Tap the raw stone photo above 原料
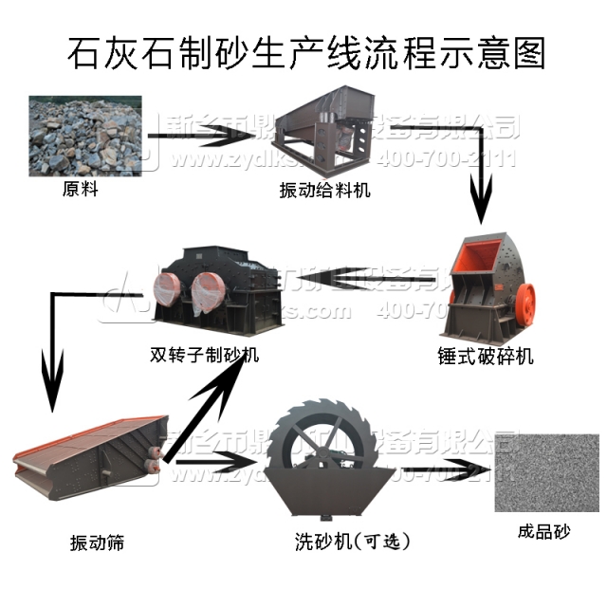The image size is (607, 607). coord(85,136)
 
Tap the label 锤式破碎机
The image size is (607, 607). coord(487,357)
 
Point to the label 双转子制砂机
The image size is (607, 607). coord(205,357)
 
